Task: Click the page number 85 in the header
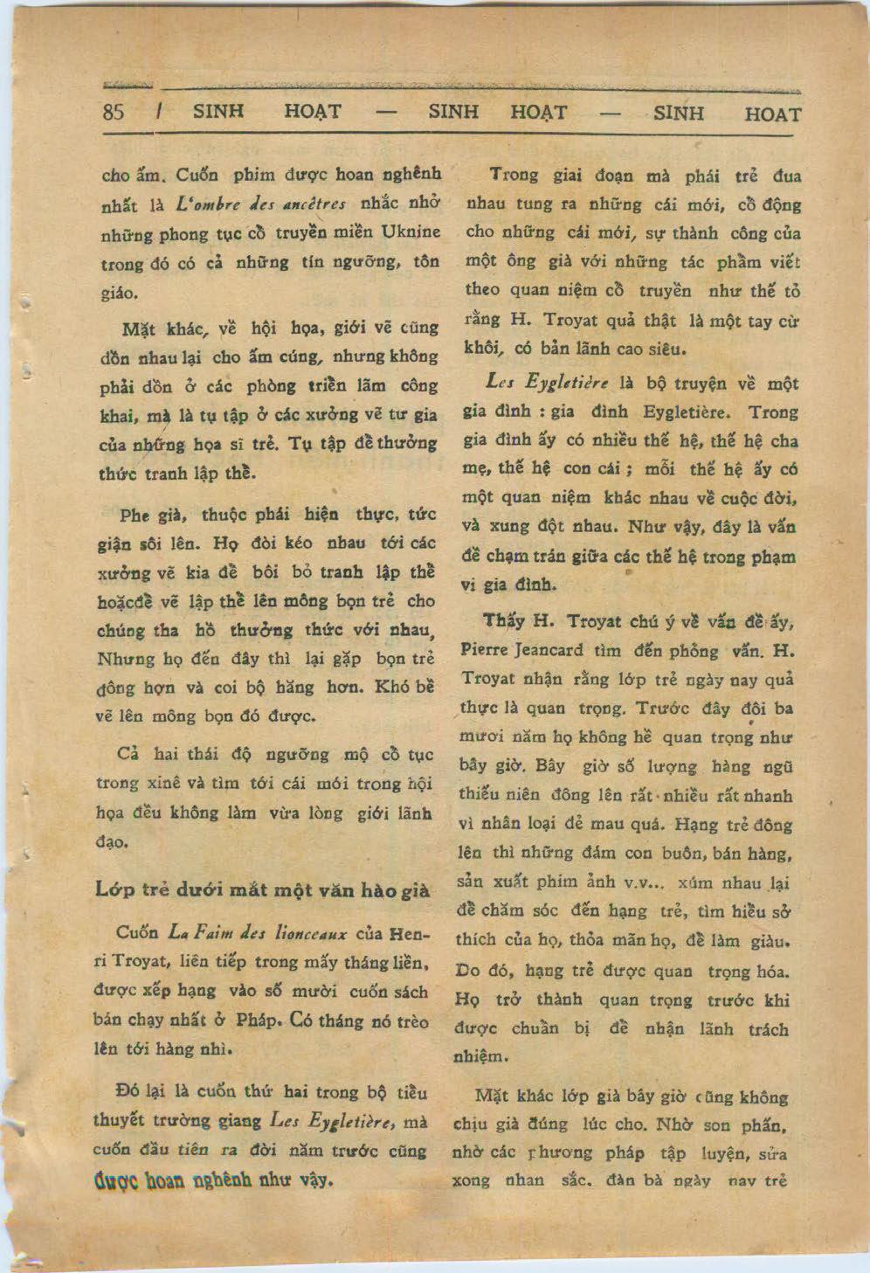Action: tap(114, 112)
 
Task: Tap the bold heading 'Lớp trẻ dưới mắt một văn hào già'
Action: tap(262, 889)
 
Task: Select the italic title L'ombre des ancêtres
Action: tap(261, 205)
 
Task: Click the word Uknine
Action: tap(411, 233)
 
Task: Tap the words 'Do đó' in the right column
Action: tap(480, 970)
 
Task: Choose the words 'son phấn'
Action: tap(751, 1124)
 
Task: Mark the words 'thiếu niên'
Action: tap(500, 795)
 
